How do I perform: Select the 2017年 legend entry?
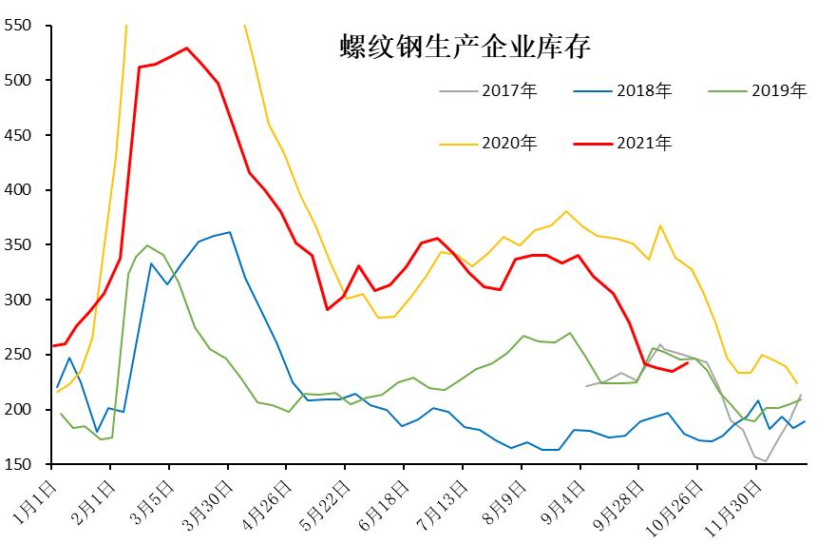coord(488,91)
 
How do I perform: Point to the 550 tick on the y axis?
coord(19,26)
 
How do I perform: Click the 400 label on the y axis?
coord(19,190)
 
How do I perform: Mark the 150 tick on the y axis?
coord(19,464)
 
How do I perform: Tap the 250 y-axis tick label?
coord(19,355)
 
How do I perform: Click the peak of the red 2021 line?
coord(186,48)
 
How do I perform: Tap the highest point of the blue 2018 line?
coord(229,232)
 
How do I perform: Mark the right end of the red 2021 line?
coord(687,362)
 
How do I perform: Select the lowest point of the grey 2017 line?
coord(765,461)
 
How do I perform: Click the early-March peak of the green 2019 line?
coord(146,245)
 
